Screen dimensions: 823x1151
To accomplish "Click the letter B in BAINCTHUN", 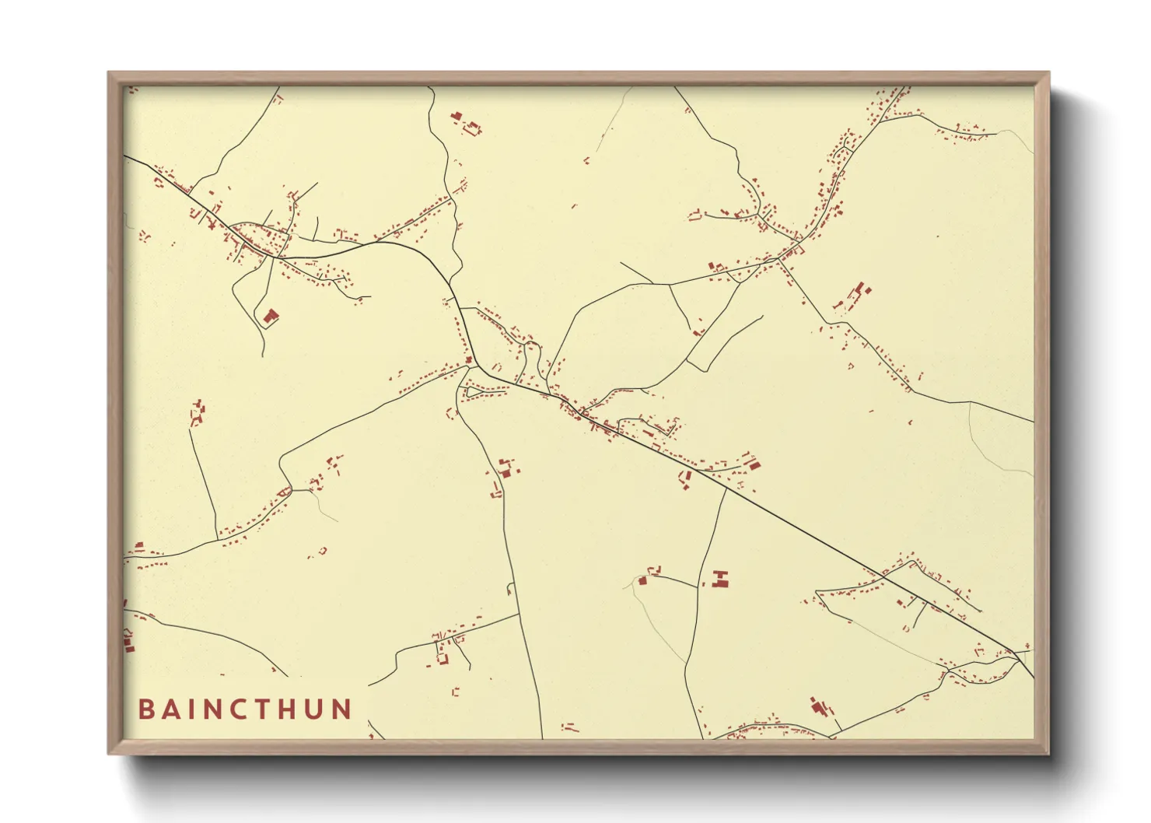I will point(145,709).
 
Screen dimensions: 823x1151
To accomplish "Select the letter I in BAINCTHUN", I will point(193,709).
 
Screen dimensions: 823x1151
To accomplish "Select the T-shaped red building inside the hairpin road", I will point(270,316).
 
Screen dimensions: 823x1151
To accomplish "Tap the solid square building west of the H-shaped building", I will point(643,580).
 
